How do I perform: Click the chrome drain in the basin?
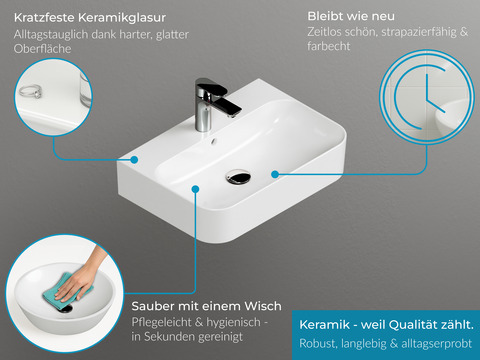coord(238,177)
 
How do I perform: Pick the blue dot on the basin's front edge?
coord(193,187)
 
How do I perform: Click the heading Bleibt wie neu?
coord(351,16)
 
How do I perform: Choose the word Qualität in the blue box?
coord(411,325)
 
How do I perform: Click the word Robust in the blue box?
coord(321,345)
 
